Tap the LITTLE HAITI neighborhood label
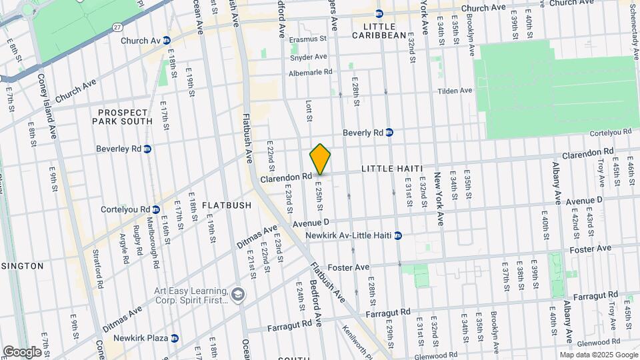coord(392,169)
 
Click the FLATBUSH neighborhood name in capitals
coord(208,205)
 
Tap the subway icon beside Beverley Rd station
coord(147,149)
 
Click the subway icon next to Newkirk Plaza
coord(174,338)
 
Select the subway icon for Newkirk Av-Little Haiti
coord(398,235)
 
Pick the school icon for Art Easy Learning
coord(238,294)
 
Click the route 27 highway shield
coord(117,27)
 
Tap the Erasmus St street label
coord(308,39)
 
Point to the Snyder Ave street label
coord(308,57)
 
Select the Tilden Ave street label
coord(455,91)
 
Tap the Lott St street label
coord(309,111)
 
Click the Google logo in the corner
coord(22,351)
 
